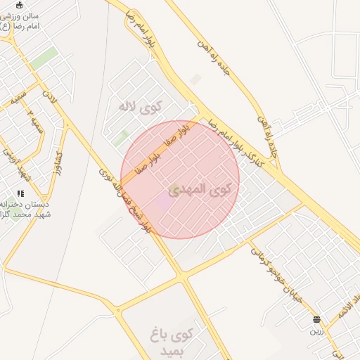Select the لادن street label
(x=48, y=94)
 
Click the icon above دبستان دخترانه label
(x=21, y=193)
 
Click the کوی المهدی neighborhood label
(x=210, y=190)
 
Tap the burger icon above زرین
(x=316, y=319)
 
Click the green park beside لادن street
(x=43, y=58)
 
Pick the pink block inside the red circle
(x=162, y=202)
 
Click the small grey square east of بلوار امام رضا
(x=195, y=79)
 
